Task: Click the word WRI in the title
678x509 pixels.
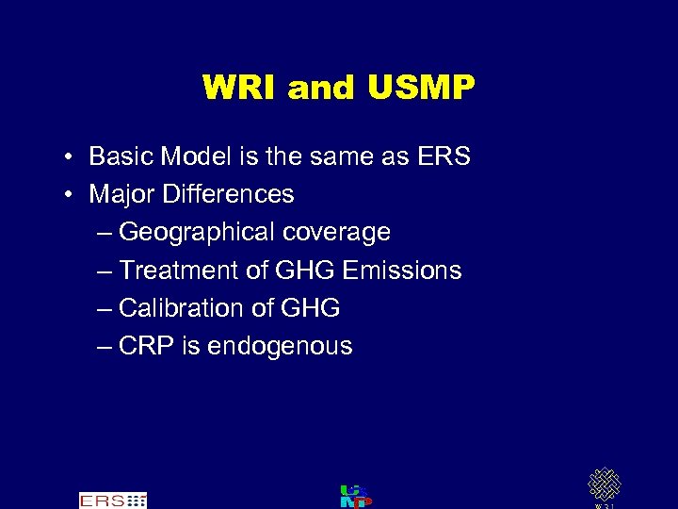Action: tap(240, 88)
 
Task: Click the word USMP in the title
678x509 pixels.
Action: tap(423, 88)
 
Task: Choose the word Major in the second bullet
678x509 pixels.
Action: tap(121, 194)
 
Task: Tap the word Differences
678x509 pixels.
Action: tap(228, 194)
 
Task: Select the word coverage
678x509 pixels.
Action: tap(340, 233)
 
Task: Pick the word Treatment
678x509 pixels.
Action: tap(180, 271)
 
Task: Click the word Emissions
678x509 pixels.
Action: tap(402, 271)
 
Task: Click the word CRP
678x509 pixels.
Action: tap(147, 346)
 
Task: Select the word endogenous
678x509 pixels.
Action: tap(280, 346)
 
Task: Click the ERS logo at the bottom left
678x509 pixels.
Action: tap(113, 501)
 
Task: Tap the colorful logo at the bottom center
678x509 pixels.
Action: tap(355, 497)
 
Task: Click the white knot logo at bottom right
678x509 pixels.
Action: tap(604, 484)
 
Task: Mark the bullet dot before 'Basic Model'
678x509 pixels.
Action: tap(70, 157)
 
